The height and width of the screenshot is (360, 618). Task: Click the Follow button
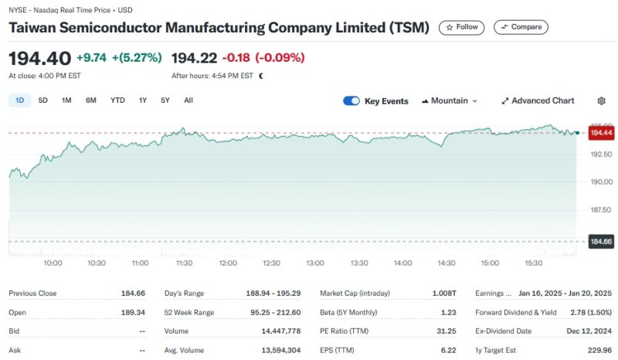[461, 27]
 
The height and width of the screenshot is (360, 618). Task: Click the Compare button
[521, 27]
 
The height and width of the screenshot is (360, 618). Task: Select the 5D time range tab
[43, 100]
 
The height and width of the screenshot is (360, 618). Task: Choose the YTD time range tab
[117, 100]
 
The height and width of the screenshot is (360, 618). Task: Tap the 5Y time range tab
[165, 100]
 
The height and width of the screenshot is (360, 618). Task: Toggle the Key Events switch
[351, 101]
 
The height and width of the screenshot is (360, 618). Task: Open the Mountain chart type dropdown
[450, 101]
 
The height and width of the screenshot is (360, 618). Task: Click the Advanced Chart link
[538, 101]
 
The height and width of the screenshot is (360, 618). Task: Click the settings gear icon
[602, 101]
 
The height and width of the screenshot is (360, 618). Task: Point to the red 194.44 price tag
[600, 134]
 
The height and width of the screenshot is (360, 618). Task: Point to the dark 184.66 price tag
[600, 242]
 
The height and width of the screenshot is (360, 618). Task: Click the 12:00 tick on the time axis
[228, 263]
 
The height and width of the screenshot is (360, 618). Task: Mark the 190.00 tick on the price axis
[602, 182]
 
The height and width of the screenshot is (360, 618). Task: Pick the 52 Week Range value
[275, 312]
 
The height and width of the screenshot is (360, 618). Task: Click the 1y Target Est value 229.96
[598, 349]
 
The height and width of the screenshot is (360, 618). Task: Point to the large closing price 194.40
[39, 58]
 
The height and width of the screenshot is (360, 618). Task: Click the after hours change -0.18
[236, 58]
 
